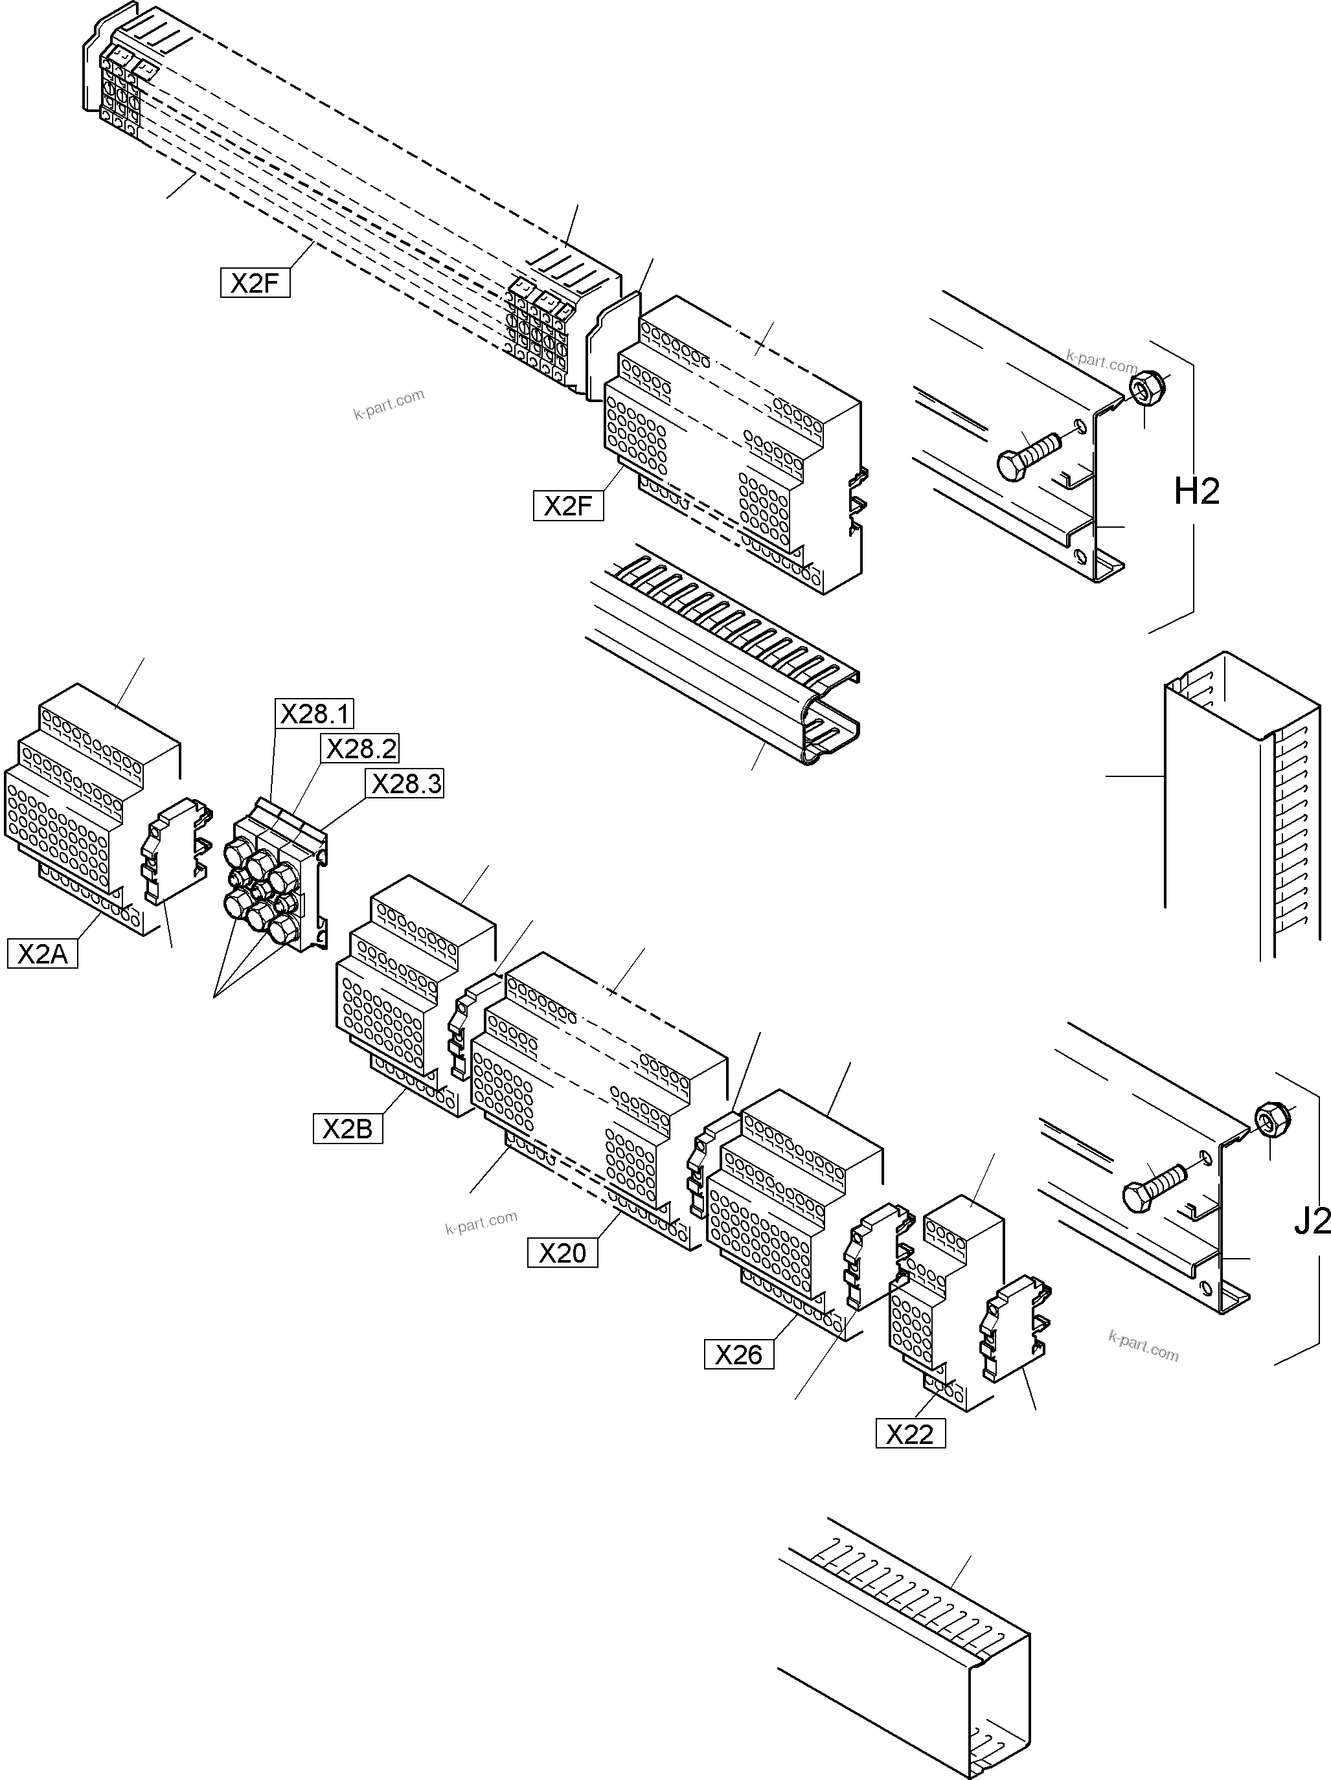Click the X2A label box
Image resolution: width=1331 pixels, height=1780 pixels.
[43, 954]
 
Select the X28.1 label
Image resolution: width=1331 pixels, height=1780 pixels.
[315, 714]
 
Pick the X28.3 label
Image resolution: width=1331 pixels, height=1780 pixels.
[405, 783]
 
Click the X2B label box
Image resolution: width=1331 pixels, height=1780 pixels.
[348, 1129]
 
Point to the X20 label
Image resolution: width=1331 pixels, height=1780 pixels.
[562, 1253]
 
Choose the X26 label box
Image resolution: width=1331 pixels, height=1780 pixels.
[739, 1355]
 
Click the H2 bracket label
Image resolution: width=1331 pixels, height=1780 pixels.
[1197, 491]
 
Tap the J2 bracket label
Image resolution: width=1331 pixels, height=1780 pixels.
[1312, 1222]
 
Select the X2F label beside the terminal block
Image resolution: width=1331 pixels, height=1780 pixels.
[568, 506]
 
